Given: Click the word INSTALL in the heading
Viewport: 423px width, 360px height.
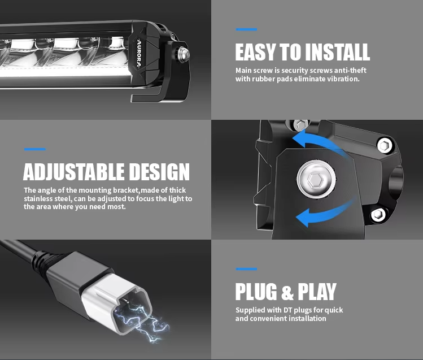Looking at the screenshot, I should [x=337, y=52].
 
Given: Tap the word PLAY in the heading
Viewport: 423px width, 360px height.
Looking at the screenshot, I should [x=317, y=292].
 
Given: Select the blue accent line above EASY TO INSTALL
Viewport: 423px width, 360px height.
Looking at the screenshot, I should [x=246, y=29].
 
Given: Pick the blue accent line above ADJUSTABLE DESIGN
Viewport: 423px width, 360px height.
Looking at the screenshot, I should [x=34, y=149].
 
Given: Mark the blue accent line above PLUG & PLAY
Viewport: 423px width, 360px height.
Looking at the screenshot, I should [x=246, y=269].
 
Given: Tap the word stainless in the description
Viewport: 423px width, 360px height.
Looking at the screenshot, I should [x=39, y=199].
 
